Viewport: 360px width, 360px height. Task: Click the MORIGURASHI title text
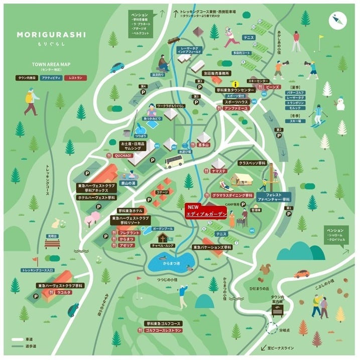(51, 35)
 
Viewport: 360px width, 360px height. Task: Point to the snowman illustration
(340, 104)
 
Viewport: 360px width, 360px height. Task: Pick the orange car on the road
(301, 274)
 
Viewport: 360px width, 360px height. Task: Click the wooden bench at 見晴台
(52, 244)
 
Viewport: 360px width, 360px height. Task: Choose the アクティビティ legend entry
(52, 78)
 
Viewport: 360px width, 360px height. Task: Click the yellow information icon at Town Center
(233, 83)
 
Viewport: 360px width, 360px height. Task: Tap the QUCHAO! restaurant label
(123, 156)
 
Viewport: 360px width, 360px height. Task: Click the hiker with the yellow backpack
(31, 100)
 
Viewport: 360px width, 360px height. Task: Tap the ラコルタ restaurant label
(63, 292)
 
